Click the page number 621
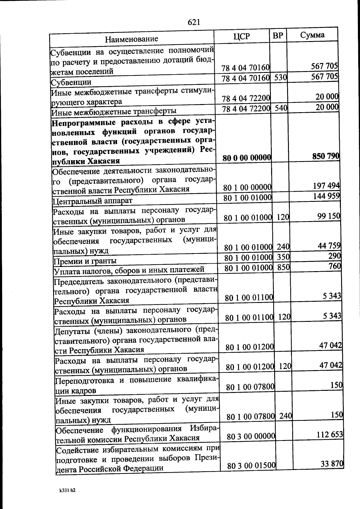click(194, 22)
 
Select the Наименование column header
click(131, 39)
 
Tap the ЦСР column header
click(241, 36)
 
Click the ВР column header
click(278, 35)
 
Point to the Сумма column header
click(312, 35)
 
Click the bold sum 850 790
click(326, 156)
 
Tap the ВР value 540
click(281, 108)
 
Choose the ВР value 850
click(283, 267)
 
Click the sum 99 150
click(329, 216)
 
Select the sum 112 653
click(330, 434)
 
